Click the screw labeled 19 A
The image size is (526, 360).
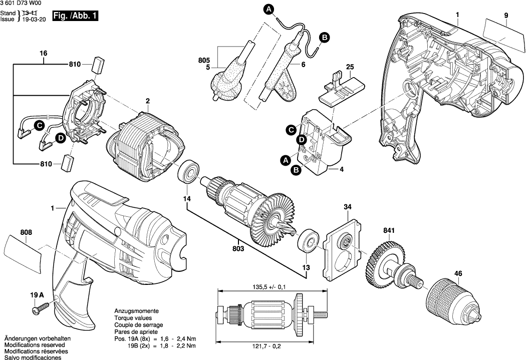(x=37, y=311)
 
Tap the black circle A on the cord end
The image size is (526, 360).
(x=269, y=9)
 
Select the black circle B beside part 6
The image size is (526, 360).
(x=324, y=37)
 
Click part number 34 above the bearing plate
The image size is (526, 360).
(x=348, y=207)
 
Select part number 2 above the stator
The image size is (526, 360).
(x=148, y=102)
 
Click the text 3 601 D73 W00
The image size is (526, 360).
(x=23, y=4)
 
